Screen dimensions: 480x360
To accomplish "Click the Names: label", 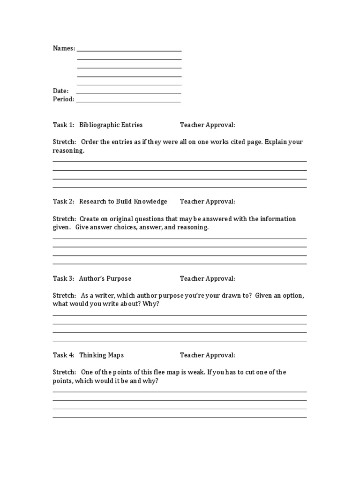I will (x=64, y=48).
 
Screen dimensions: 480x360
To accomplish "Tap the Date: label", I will (x=61, y=91).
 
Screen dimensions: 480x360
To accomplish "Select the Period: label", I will (x=63, y=99).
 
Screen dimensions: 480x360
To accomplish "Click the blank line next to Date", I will (x=129, y=93).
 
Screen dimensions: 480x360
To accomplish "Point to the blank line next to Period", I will (x=128, y=102).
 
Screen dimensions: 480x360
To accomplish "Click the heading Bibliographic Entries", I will (x=111, y=125).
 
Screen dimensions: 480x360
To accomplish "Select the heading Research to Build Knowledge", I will (x=123, y=202).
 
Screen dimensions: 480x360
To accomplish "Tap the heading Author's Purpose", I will (x=105, y=278).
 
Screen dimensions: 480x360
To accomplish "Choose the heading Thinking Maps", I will (x=101, y=355).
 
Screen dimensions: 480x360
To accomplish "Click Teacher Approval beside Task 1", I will (x=207, y=125).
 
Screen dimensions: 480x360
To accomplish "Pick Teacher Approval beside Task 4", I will (x=207, y=355).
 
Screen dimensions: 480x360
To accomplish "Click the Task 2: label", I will (x=63, y=202).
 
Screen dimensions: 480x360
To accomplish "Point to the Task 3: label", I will (x=63, y=278).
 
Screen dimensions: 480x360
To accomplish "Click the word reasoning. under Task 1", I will (x=68, y=151).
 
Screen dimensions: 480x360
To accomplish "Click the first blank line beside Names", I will (x=129, y=51).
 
